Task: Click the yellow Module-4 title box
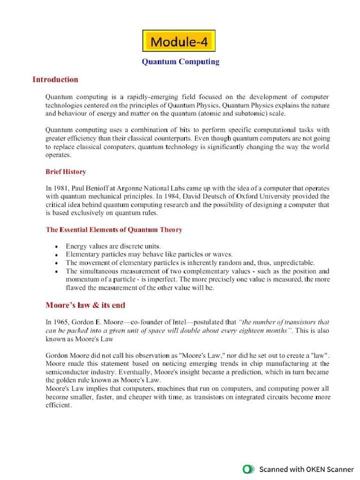(179, 41)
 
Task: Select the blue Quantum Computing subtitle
(180, 61)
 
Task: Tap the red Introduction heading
(55, 79)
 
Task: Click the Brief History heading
(66, 172)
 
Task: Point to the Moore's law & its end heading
(85, 305)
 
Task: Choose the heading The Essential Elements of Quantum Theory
(114, 230)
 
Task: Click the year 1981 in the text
(61, 188)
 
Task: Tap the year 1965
(61, 322)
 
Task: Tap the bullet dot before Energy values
(56, 247)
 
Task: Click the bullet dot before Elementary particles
(56, 255)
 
